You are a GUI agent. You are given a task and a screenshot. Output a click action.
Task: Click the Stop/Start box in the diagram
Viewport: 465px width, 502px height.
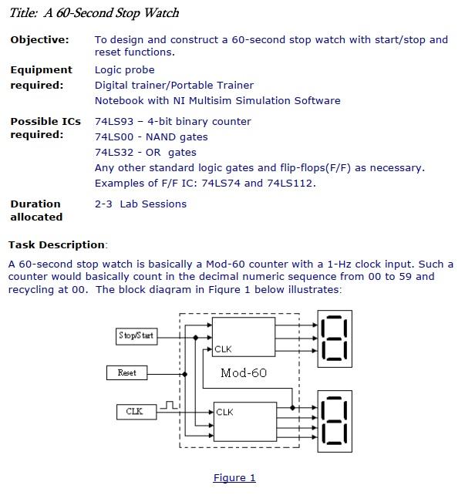(x=136, y=335)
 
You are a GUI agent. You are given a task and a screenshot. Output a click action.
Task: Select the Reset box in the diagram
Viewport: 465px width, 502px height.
(x=126, y=372)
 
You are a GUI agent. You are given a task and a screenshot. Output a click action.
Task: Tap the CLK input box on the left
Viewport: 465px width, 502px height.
(x=134, y=412)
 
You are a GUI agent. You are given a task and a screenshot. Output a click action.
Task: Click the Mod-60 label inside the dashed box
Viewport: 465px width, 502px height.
(x=243, y=373)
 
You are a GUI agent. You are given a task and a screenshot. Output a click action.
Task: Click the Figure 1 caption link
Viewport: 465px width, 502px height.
(x=234, y=478)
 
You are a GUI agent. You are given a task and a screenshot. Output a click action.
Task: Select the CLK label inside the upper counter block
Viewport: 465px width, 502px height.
(x=223, y=350)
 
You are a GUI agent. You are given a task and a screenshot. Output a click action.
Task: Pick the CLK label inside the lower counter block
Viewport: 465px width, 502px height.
(x=224, y=413)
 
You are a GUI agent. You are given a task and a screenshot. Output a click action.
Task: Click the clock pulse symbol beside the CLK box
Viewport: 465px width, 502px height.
(x=171, y=404)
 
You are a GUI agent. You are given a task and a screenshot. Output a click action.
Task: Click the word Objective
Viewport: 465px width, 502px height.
(x=39, y=39)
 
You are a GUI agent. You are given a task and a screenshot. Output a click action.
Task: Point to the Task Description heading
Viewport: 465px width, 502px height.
(x=57, y=245)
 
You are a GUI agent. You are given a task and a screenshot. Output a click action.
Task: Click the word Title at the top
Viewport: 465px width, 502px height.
(x=23, y=13)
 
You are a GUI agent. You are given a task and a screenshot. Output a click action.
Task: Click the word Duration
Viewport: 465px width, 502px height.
(x=35, y=204)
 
